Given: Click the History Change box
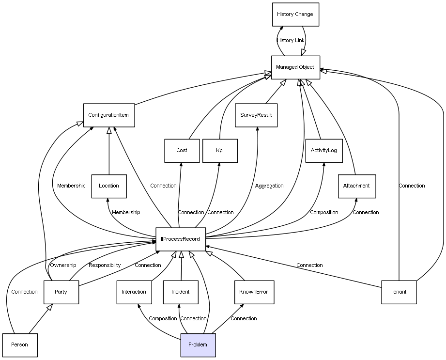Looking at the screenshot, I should pyautogui.click(x=295, y=15).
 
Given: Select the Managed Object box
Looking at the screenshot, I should pyautogui.click(x=295, y=67).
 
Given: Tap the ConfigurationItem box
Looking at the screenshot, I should pyautogui.click(x=108, y=115).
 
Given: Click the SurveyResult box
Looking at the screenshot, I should pyautogui.click(x=256, y=115).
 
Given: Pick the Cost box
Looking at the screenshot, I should pyautogui.click(x=182, y=151).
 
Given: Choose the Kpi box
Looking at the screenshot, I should pyautogui.click(x=220, y=151).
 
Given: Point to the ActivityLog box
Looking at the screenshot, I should pyautogui.click(x=323, y=151).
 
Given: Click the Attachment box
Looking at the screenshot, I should pyautogui.click(x=356, y=186).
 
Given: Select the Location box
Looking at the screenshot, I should pyautogui.click(x=108, y=186).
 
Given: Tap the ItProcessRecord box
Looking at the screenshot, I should pyautogui.click(x=181, y=239).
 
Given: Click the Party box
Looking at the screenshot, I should pyautogui.click(x=61, y=292).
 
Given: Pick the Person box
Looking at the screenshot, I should pyautogui.click(x=20, y=345).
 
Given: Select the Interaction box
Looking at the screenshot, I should pyautogui.click(x=134, y=292).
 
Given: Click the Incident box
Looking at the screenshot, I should pyautogui.click(x=181, y=292).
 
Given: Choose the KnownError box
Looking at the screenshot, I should pyautogui.click(x=253, y=292).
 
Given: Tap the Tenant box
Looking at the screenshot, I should pyautogui.click(x=399, y=292).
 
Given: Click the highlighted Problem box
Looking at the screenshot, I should pyautogui.click(x=198, y=345).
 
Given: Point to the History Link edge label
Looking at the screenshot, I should pyautogui.click(x=291, y=41).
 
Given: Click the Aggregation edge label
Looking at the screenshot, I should pyautogui.click(x=269, y=186).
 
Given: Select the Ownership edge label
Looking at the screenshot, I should pyautogui.click(x=63, y=266).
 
